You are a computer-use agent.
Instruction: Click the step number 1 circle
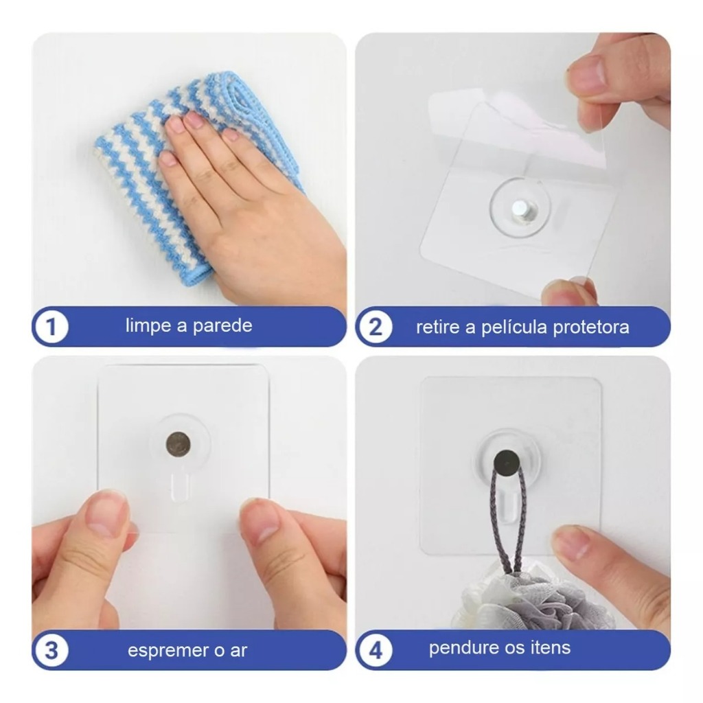(x=51, y=326)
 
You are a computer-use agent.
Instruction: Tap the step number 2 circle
(x=376, y=326)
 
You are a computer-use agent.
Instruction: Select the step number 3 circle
(x=51, y=650)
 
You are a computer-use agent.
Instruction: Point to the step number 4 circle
(x=376, y=650)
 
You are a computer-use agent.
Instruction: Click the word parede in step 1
(x=222, y=326)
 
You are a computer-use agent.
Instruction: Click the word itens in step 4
(x=551, y=648)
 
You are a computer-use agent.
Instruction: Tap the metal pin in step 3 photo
(x=178, y=444)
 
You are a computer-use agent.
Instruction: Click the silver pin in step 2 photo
(x=520, y=209)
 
